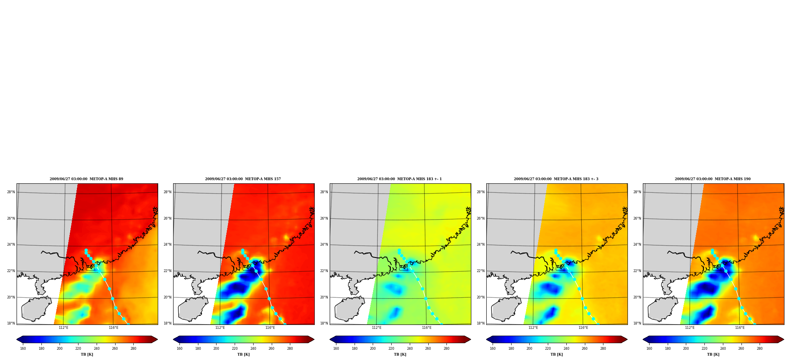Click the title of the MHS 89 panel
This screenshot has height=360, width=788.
[x=86, y=179]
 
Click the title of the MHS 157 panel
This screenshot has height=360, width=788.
[x=243, y=179]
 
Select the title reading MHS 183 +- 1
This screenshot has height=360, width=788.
[x=400, y=179]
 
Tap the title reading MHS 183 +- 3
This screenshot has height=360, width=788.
[x=556, y=179]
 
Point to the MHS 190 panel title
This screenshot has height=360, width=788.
[x=713, y=179]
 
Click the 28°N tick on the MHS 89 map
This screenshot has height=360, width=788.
[x=11, y=192]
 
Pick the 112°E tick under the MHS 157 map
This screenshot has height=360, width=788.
[x=220, y=328]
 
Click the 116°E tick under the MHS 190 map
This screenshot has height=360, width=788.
[x=740, y=328]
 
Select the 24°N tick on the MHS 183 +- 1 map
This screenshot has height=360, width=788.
[x=324, y=245]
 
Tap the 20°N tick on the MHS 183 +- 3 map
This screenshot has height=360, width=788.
[x=481, y=298]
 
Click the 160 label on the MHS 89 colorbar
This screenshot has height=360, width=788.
[x=23, y=349]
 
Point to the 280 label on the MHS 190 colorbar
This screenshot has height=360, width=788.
[x=760, y=349]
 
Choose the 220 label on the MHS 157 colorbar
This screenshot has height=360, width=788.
[x=235, y=349]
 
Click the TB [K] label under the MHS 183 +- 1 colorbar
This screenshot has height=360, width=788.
[x=400, y=354]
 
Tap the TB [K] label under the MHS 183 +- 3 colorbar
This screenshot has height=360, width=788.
[x=557, y=354]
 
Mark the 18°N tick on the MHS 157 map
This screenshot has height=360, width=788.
[x=168, y=324]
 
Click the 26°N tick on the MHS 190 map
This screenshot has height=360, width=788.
[x=637, y=219]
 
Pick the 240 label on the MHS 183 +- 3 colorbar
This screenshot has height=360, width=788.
[x=566, y=349]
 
